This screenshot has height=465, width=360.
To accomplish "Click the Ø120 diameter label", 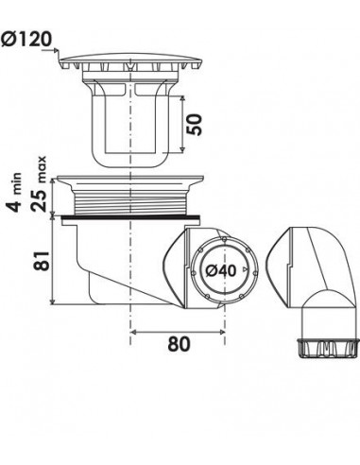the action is [x=26, y=40].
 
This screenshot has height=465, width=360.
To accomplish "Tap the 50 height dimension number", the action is [x=196, y=125].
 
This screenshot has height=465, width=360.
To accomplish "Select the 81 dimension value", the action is [x=43, y=261].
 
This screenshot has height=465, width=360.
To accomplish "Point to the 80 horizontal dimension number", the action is [x=179, y=344].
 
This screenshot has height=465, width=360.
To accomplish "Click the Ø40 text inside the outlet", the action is [x=220, y=270].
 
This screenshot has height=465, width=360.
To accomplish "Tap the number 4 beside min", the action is [x=15, y=204].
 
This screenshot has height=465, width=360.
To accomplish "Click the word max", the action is [x=42, y=169].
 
